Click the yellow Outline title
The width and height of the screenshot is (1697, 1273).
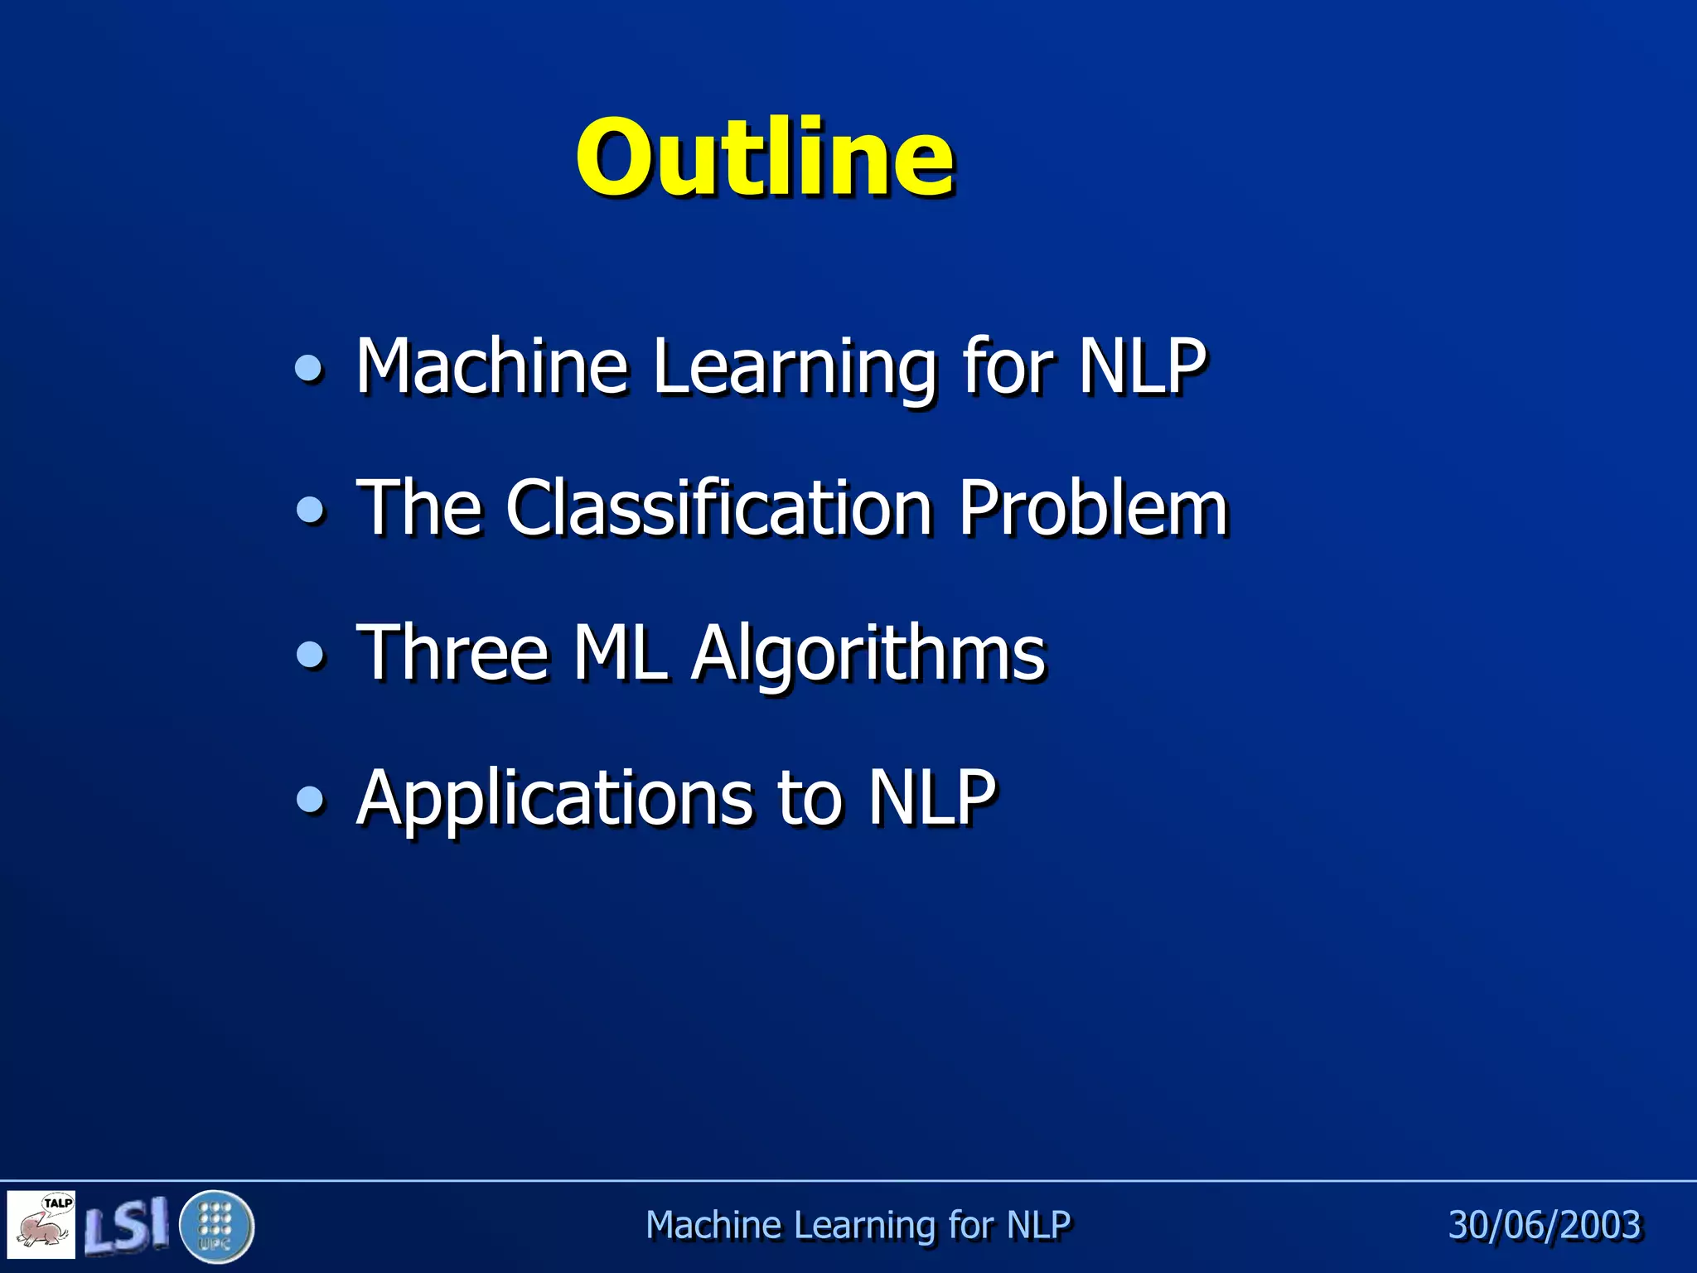click(x=764, y=157)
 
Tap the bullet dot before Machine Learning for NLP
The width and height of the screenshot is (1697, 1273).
click(x=310, y=367)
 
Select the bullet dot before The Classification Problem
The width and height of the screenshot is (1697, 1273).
click(x=311, y=509)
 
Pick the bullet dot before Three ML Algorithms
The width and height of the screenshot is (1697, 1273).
click(x=311, y=655)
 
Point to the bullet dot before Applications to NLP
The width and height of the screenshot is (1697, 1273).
click(x=311, y=800)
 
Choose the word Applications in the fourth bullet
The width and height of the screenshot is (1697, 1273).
click(x=554, y=800)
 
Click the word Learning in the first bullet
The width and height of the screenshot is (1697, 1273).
click(x=795, y=369)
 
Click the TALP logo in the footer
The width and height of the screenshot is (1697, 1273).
click(x=41, y=1224)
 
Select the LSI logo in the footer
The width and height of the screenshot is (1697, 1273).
click(x=126, y=1225)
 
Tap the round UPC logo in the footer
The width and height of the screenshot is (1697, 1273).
click(x=216, y=1226)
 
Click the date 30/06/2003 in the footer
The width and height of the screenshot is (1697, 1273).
click(x=1544, y=1225)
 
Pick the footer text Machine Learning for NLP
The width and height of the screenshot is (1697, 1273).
click(x=858, y=1225)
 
